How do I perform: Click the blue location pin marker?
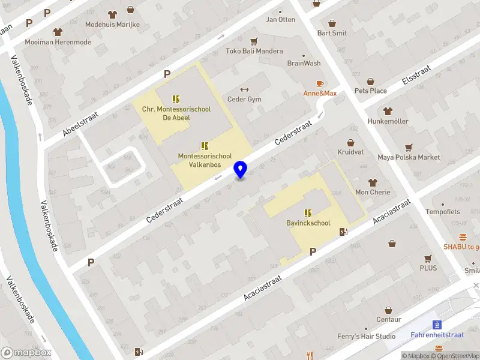point(241,170)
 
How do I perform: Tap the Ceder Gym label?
point(244,99)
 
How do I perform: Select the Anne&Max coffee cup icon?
point(320,83)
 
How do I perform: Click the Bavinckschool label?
point(308,223)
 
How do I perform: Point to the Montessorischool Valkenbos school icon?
point(205,146)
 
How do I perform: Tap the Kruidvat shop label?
point(350,152)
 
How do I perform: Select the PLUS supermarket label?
point(428,268)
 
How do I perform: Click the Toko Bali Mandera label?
point(254,51)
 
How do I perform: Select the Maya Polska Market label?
point(409,157)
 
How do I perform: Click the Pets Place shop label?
point(370,91)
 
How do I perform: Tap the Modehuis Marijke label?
point(112,25)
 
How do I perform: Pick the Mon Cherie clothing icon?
point(373,182)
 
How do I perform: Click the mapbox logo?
point(26,352)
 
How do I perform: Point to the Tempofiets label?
point(443,212)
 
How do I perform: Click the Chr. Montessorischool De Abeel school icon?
point(176,98)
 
